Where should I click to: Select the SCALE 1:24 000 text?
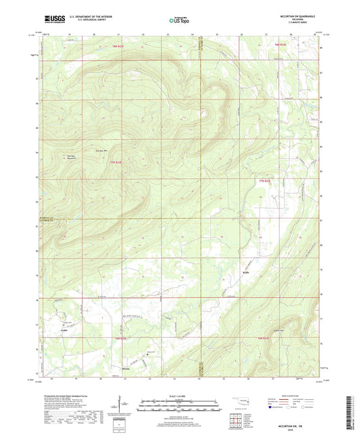point(180,396)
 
